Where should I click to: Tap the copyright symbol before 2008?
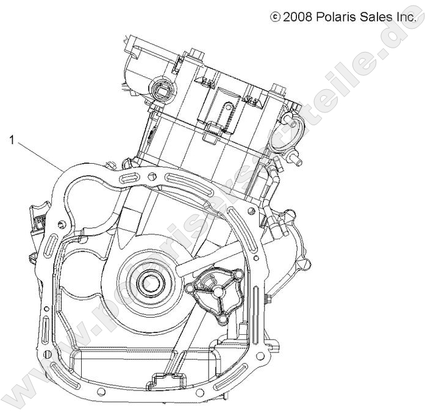tap(274, 18)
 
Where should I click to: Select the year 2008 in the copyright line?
tap(298, 18)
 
